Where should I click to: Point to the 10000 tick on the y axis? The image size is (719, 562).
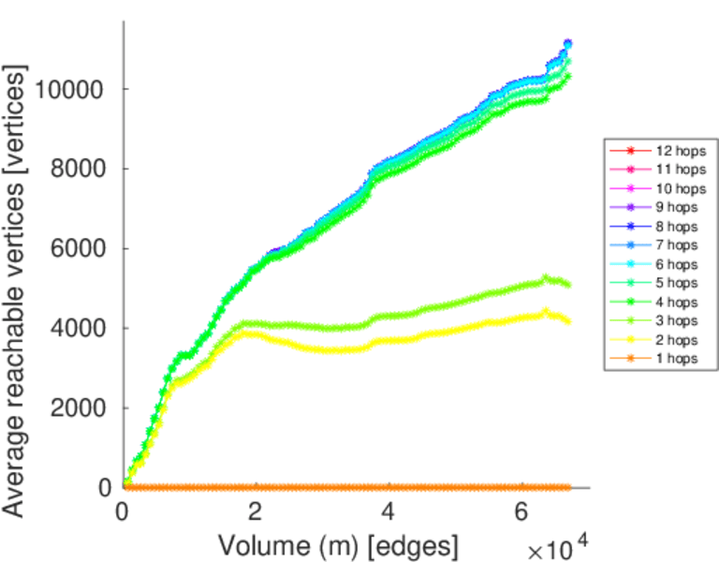coord(75,90)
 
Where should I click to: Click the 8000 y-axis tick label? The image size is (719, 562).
coord(81,170)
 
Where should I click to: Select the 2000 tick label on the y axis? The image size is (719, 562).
coord(81,408)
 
